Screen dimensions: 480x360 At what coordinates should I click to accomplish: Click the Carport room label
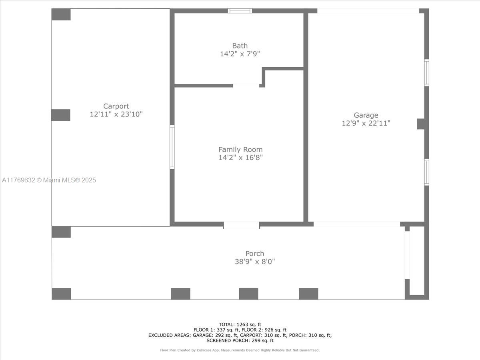[x=116, y=106]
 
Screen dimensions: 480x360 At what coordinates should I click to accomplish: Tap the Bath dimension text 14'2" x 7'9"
[x=240, y=54]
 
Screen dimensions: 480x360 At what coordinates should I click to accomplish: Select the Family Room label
[x=240, y=150]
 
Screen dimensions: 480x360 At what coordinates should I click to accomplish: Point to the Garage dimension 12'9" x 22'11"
[x=366, y=123]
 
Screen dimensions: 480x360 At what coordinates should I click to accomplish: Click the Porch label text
[x=254, y=253]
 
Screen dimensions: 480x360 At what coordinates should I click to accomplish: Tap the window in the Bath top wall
[x=240, y=11]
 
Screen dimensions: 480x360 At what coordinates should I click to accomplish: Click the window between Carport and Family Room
[x=172, y=147]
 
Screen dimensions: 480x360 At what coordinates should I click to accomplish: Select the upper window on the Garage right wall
[x=426, y=72]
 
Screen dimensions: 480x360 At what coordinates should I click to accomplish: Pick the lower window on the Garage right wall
[x=426, y=172]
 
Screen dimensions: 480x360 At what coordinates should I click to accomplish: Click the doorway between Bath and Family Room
[x=246, y=86]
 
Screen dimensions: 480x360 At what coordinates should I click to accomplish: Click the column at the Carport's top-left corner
[x=61, y=14]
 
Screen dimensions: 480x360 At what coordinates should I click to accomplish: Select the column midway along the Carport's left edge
[x=60, y=115]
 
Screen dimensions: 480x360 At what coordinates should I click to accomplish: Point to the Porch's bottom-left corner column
[x=61, y=294]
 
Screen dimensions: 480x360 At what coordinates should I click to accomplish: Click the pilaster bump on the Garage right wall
[x=421, y=124]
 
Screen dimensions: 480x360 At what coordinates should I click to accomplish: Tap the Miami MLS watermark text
[x=49, y=180]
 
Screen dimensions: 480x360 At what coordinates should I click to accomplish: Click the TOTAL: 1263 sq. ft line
[x=240, y=324]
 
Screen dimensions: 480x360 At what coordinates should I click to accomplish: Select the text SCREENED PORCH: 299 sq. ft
[x=240, y=340]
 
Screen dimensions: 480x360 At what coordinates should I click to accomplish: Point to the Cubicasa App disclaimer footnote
[x=240, y=350]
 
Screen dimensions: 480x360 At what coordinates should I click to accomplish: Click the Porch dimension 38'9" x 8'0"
[x=255, y=262]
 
